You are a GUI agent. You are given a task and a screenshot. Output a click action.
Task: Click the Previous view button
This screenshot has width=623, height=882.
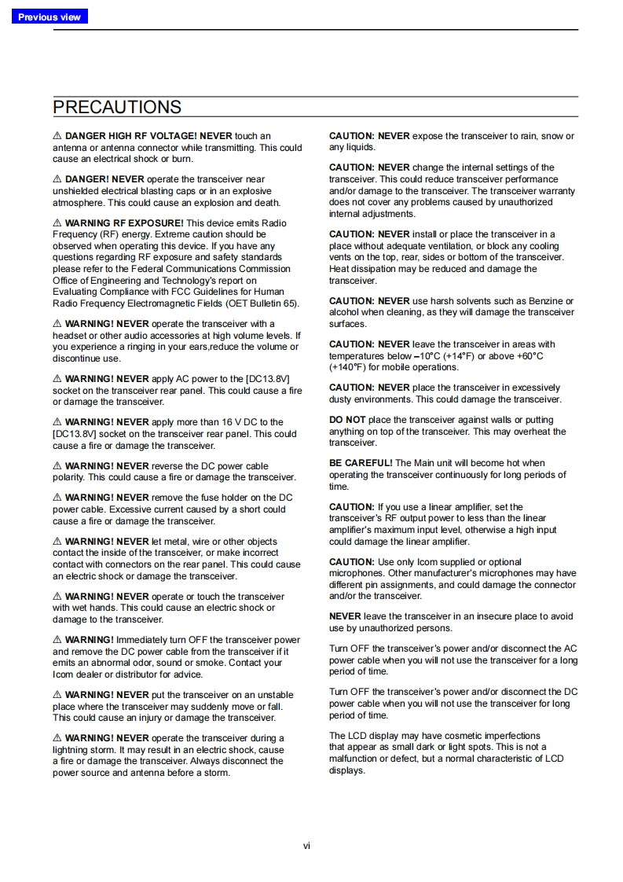click(x=49, y=17)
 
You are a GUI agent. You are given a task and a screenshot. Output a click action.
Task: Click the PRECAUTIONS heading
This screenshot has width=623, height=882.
click(x=117, y=107)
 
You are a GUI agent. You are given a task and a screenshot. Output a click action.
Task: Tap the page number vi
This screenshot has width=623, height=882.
click(x=307, y=846)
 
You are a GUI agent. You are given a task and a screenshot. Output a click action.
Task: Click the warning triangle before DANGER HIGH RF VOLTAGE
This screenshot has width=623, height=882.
click(x=57, y=136)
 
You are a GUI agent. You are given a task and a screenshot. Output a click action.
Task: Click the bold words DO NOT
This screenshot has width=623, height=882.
click(x=347, y=420)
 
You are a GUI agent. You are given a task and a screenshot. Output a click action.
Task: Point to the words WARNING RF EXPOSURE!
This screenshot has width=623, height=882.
click(x=124, y=223)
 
